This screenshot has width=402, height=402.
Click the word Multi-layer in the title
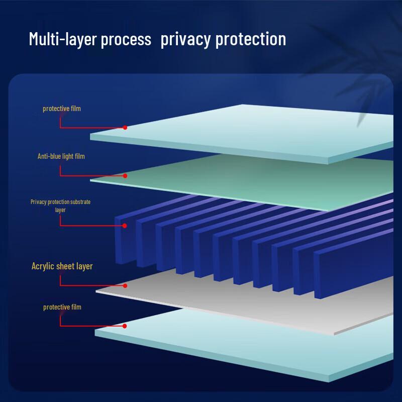point(63,39)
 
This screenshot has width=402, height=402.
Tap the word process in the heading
point(126,40)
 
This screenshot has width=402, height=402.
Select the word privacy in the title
point(186,40)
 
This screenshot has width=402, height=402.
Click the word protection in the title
point(251,39)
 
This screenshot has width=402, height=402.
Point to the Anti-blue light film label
point(61,156)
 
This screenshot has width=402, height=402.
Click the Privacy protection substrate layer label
point(60,206)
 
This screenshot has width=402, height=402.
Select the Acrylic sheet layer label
point(62,266)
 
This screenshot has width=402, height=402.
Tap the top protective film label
point(62,109)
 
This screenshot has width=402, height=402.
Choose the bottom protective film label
point(62,307)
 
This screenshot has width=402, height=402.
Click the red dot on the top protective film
point(125,128)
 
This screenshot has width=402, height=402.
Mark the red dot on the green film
point(125,175)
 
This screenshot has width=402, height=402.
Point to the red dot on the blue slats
point(125,226)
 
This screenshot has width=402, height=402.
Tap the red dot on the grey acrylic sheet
point(125,285)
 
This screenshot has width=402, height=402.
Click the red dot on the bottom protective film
point(125,326)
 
